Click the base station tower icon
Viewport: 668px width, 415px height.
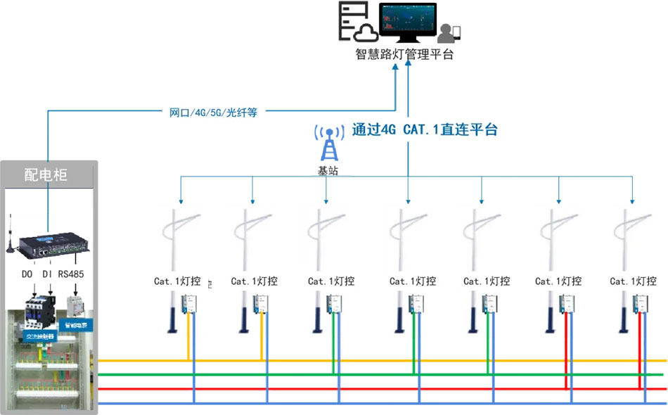[328, 143]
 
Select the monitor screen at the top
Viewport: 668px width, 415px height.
[407, 20]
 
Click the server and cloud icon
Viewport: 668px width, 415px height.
[355, 22]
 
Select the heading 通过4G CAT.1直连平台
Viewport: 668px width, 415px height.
[425, 129]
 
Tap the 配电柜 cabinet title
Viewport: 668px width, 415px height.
[46, 174]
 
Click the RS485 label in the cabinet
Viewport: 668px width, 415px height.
[71, 274]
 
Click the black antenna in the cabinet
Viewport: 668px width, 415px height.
[10, 236]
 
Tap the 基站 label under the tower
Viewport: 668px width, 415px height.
[328, 170]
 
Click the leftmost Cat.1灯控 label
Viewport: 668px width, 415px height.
[179, 281]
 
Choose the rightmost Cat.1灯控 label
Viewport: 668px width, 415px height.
[633, 281]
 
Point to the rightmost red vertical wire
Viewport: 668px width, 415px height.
[638, 352]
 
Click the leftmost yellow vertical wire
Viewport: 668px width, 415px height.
[188, 341]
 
